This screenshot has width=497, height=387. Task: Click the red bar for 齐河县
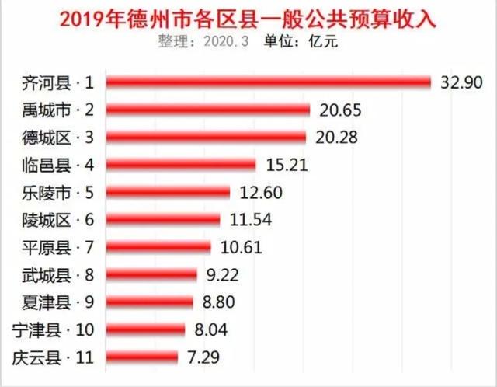[268, 82]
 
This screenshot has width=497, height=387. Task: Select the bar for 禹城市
[207, 110]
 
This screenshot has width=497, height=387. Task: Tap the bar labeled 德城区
[207, 137]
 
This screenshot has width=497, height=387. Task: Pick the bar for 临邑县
[180, 165]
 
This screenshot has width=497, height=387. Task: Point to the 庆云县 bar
[141, 357]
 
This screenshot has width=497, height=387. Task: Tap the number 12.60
[259, 192]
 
